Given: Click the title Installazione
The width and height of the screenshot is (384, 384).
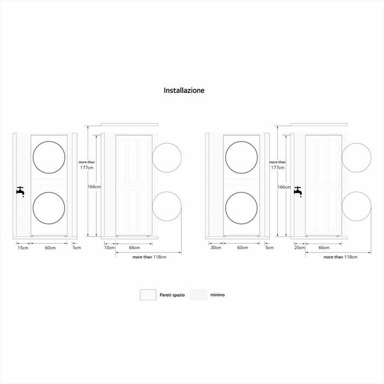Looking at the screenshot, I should tap(184, 91).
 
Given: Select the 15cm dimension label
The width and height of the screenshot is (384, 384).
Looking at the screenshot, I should tap(23, 248).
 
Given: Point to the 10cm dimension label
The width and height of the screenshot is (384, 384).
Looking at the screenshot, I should tap(109, 248).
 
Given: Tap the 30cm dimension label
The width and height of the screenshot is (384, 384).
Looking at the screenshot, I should tap(216, 248).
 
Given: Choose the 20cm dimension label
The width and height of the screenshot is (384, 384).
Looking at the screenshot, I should tap(300, 248).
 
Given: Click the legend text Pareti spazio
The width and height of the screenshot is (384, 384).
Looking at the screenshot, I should tap(172, 295).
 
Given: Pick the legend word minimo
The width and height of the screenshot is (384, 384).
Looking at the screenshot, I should tap(217, 295).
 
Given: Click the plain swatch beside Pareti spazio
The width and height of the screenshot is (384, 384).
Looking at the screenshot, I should tap(148, 295).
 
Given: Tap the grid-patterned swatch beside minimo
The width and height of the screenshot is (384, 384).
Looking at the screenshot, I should tap(199, 295).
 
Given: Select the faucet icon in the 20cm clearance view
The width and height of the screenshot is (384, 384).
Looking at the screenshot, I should tap(298, 190).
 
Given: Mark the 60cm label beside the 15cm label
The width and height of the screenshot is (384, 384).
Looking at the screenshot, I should tap(50, 248).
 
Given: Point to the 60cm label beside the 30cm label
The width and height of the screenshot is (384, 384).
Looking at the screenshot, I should tap(242, 248).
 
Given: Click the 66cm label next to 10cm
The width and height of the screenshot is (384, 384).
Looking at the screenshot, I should tap(134, 248).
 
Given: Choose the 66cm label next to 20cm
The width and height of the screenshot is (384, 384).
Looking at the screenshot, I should tap(324, 248).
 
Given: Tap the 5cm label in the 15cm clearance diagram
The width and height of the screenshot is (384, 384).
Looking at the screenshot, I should tap(77, 248).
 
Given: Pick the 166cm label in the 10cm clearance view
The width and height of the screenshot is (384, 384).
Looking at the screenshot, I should tap(94, 187).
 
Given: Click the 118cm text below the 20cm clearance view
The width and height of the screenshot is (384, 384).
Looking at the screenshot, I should tap(351, 257).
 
